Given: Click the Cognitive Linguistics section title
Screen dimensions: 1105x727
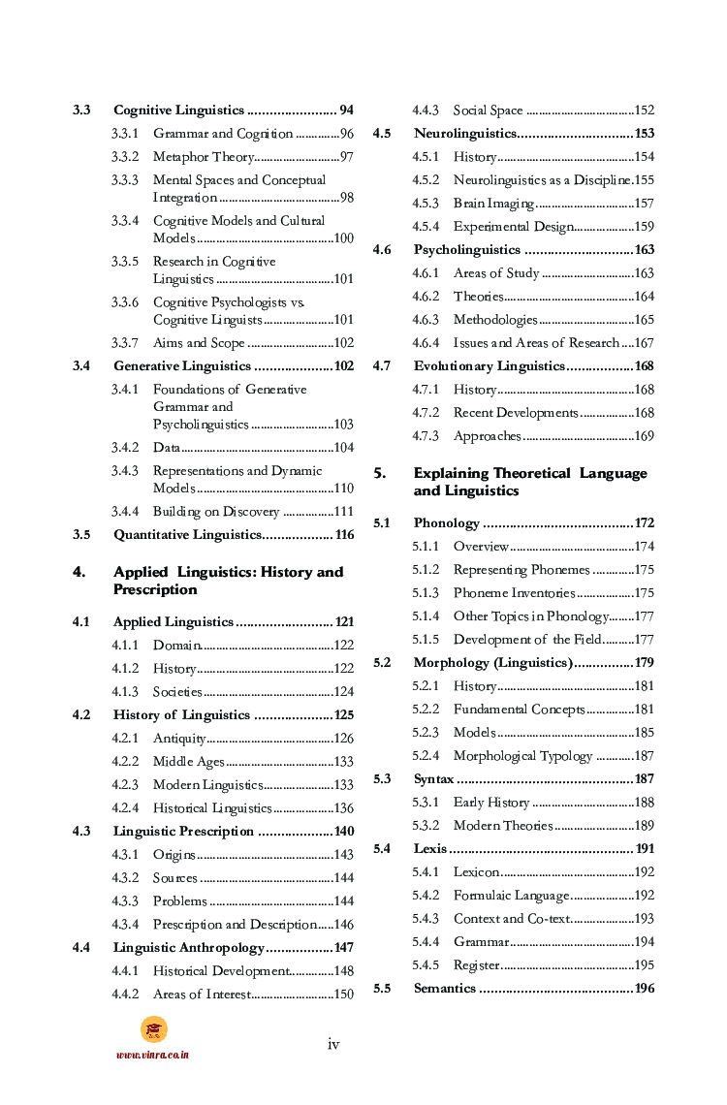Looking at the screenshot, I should click(178, 110).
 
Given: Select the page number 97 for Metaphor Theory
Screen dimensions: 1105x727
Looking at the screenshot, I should click(346, 157).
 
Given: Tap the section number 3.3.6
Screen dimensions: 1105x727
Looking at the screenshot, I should click(124, 302).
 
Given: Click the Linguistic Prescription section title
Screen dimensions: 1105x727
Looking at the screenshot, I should click(183, 832).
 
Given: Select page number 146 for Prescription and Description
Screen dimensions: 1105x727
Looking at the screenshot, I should click(343, 925).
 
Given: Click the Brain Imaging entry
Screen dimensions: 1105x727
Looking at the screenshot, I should click(493, 204).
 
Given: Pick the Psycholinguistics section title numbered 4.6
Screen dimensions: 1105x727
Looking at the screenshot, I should click(467, 250).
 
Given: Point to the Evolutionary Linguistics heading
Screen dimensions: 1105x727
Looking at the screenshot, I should click(489, 366).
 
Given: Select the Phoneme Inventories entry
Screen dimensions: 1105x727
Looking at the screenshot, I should click(514, 593).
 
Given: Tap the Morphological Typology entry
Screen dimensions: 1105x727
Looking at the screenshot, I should click(522, 756).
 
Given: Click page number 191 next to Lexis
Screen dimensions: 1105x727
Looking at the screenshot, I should click(645, 849).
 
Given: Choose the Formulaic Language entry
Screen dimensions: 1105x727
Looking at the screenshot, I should click(511, 896).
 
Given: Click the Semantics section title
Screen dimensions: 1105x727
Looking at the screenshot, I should click(445, 989).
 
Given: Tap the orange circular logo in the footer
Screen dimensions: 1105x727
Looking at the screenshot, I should click(153, 1029).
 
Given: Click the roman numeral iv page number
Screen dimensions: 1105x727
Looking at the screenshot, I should click(333, 1044).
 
